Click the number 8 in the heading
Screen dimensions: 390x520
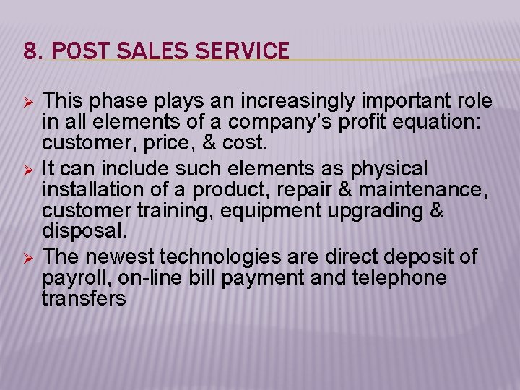29,51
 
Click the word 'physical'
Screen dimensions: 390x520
391,170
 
